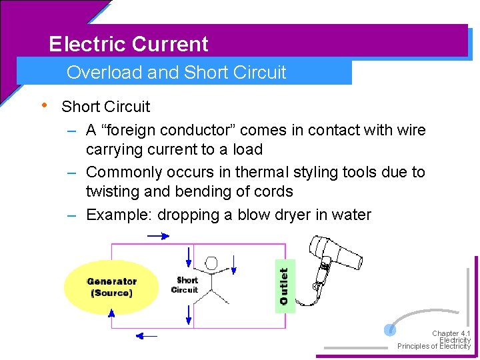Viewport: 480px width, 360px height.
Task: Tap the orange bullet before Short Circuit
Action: click(44, 105)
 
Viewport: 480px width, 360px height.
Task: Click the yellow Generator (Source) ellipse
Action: click(111, 287)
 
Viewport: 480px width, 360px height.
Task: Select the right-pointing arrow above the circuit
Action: click(158, 235)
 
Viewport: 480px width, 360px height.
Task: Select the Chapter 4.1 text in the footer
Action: click(451, 333)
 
